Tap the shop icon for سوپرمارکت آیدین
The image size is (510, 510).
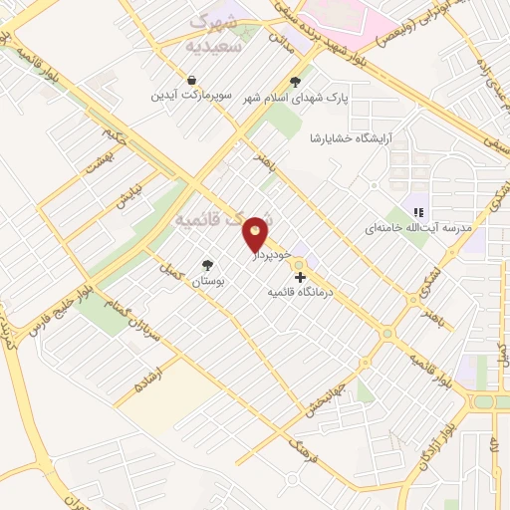191,80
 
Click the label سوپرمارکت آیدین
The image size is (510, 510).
191,97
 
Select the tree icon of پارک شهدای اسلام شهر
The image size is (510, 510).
295,83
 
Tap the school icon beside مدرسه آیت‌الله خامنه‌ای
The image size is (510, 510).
419,212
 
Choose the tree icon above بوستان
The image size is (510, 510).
207,265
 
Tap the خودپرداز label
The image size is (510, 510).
269,255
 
